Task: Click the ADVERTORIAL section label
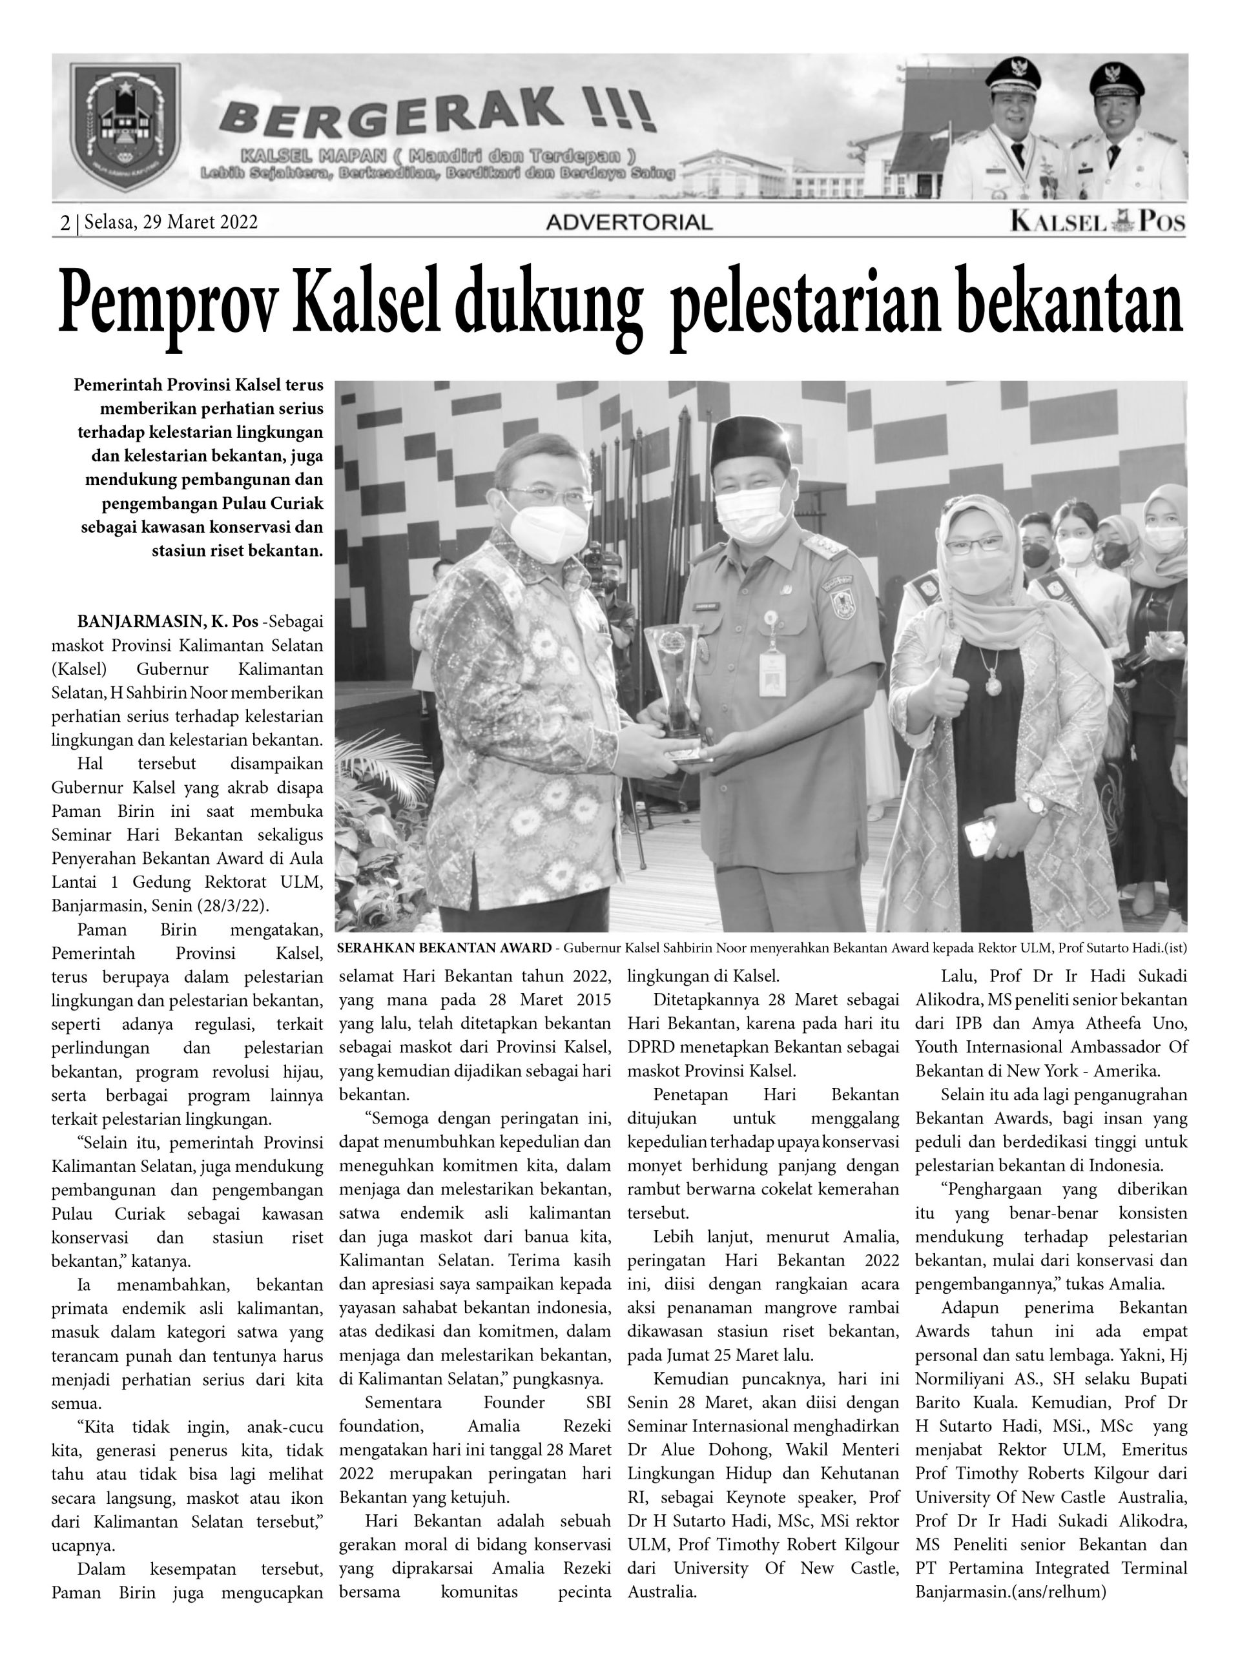[629, 222]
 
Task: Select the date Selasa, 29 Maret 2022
[171, 222]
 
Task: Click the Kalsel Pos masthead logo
[1097, 221]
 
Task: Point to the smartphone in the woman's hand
[980, 836]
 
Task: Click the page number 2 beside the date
[65, 223]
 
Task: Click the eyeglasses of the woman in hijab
[973, 544]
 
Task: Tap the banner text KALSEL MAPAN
[313, 156]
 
